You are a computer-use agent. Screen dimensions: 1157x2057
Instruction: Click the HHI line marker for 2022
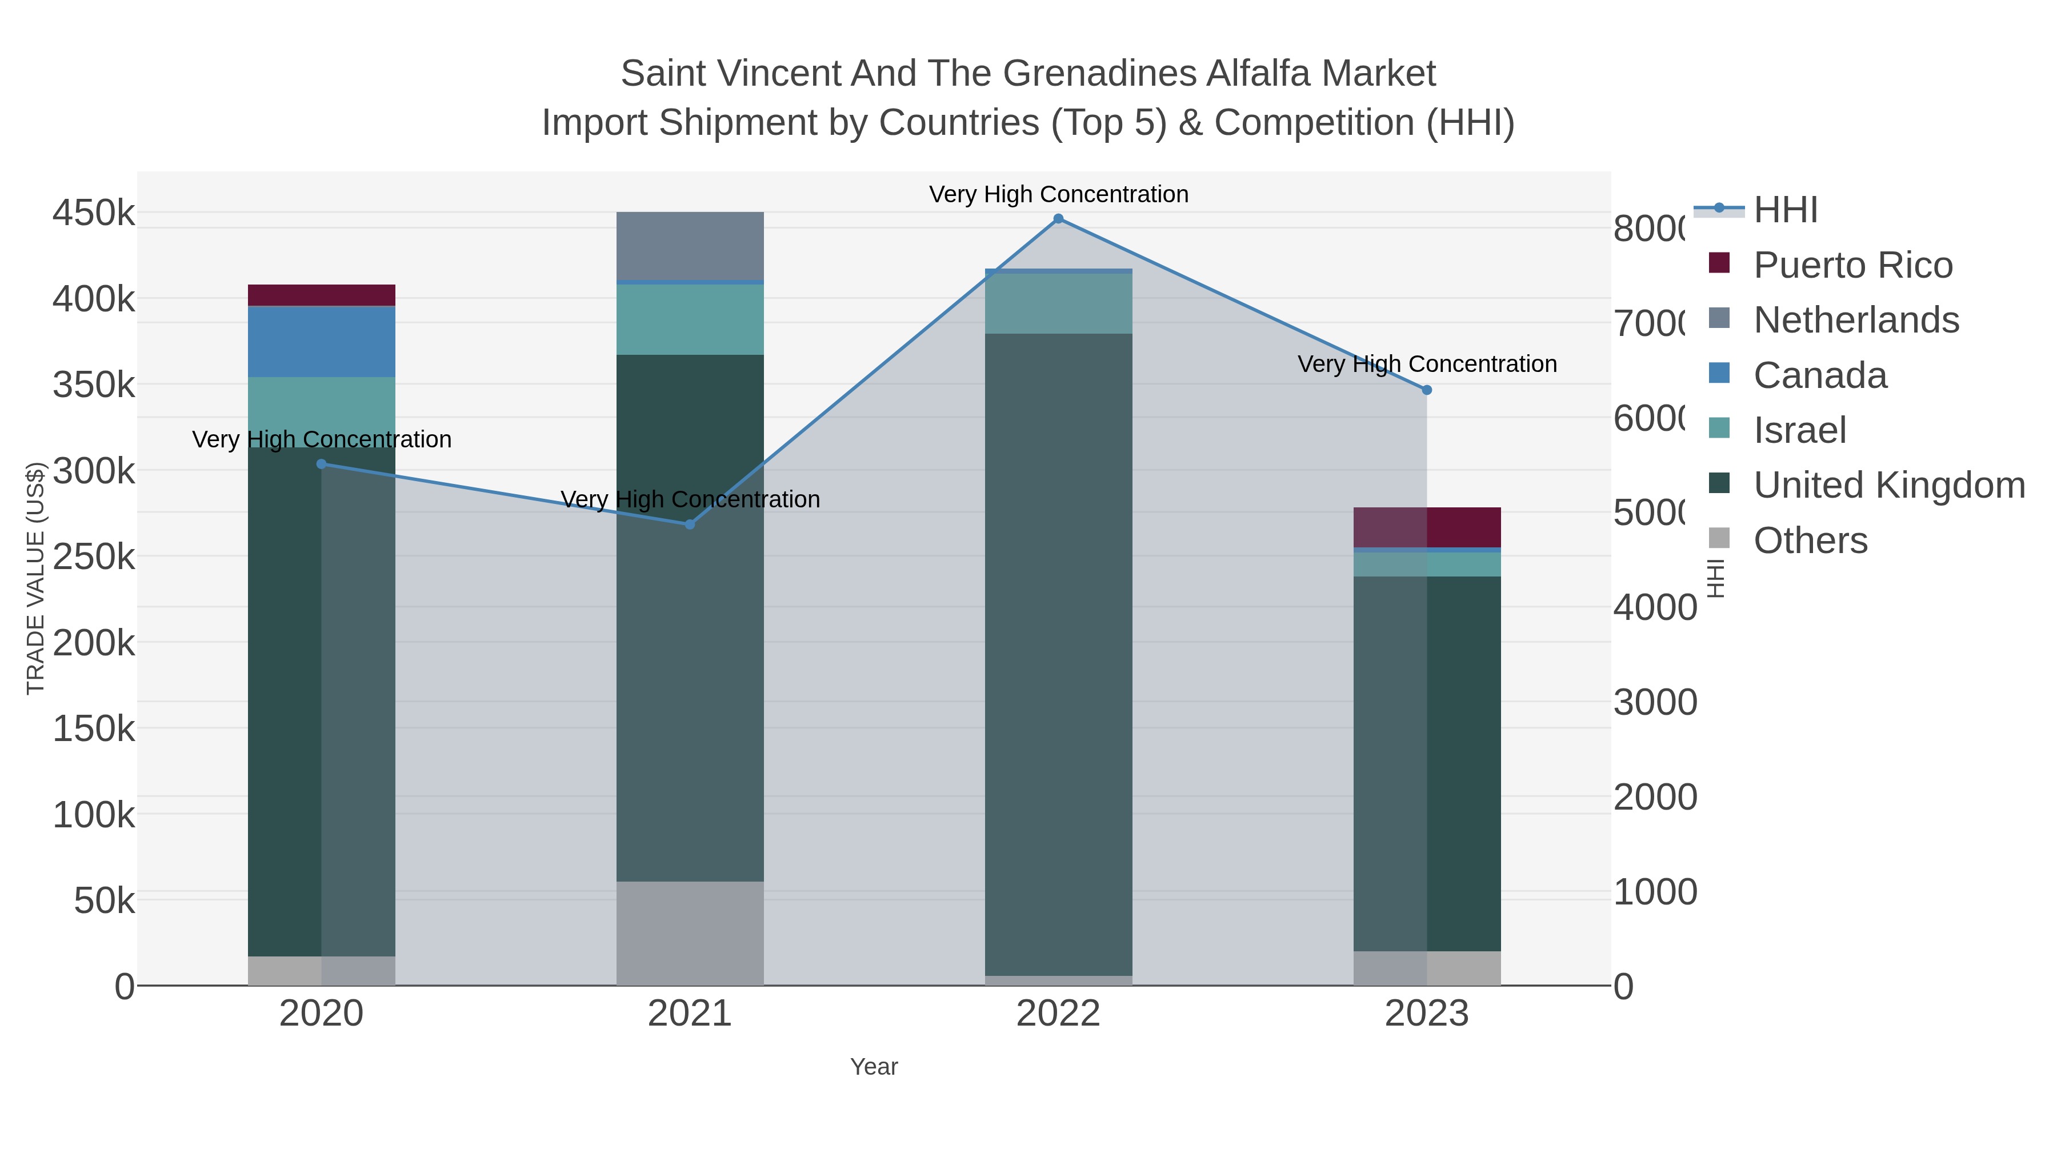coord(1058,219)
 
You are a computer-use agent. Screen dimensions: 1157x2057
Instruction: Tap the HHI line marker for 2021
coord(690,525)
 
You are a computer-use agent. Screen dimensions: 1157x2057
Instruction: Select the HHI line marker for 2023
coord(1427,390)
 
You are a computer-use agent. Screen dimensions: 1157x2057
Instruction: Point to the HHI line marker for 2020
coord(322,464)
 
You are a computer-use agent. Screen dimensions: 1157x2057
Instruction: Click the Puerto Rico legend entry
coord(1852,265)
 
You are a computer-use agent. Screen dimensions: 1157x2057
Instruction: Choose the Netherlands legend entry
coord(1856,320)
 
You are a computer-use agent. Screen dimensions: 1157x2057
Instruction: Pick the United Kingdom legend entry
coord(1888,485)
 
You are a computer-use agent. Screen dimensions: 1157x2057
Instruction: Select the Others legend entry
coord(1810,541)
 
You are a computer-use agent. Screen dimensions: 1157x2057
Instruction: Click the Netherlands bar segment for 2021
coord(690,246)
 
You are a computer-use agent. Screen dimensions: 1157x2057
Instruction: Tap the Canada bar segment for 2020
coord(322,342)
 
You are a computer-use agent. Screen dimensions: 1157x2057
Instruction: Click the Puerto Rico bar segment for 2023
coord(1427,527)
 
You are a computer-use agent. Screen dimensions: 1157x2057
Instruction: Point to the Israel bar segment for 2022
coord(1058,303)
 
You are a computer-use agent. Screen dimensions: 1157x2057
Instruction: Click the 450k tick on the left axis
coord(94,214)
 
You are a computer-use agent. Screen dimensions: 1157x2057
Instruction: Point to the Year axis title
coord(874,1067)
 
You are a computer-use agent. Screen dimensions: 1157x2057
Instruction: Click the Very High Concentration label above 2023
coord(1427,364)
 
